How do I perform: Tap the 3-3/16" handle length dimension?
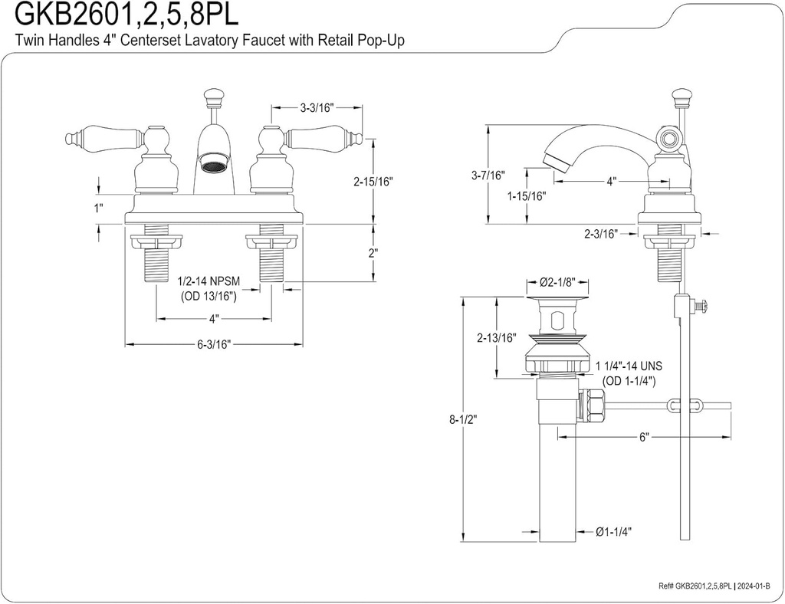coord(317,107)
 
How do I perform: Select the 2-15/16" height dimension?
coord(373,182)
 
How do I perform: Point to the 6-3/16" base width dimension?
coord(214,344)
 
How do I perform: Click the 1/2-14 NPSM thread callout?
coord(210,282)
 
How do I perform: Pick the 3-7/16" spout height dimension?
coord(488,175)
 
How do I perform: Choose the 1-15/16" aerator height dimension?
coord(527,196)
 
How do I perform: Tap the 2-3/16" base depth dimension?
coord(601,234)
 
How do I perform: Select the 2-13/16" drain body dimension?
coord(496,338)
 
